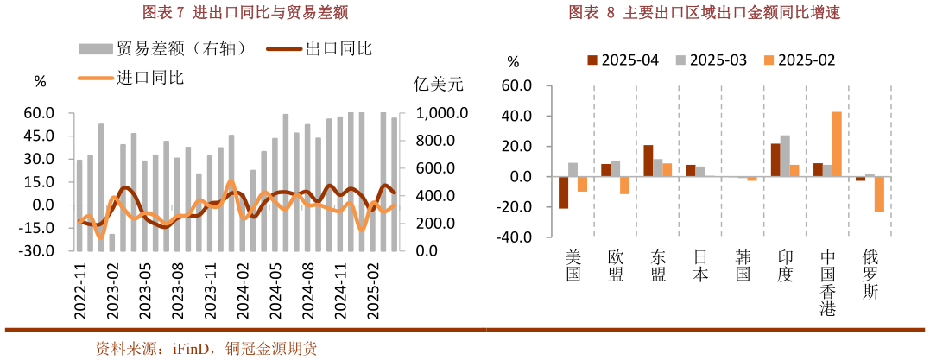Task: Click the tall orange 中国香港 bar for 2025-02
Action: pyautogui.click(x=837, y=144)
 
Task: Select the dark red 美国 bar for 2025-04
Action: pyautogui.click(x=563, y=193)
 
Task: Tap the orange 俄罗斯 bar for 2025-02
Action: pyautogui.click(x=879, y=194)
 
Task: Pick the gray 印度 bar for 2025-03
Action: pyautogui.click(x=785, y=156)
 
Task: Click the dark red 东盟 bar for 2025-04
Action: pyautogui.click(x=648, y=161)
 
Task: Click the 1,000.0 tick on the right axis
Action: pyautogui.click(x=443, y=113)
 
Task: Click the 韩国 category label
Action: pyautogui.click(x=743, y=265)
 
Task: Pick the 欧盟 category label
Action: pyautogui.click(x=616, y=265)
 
